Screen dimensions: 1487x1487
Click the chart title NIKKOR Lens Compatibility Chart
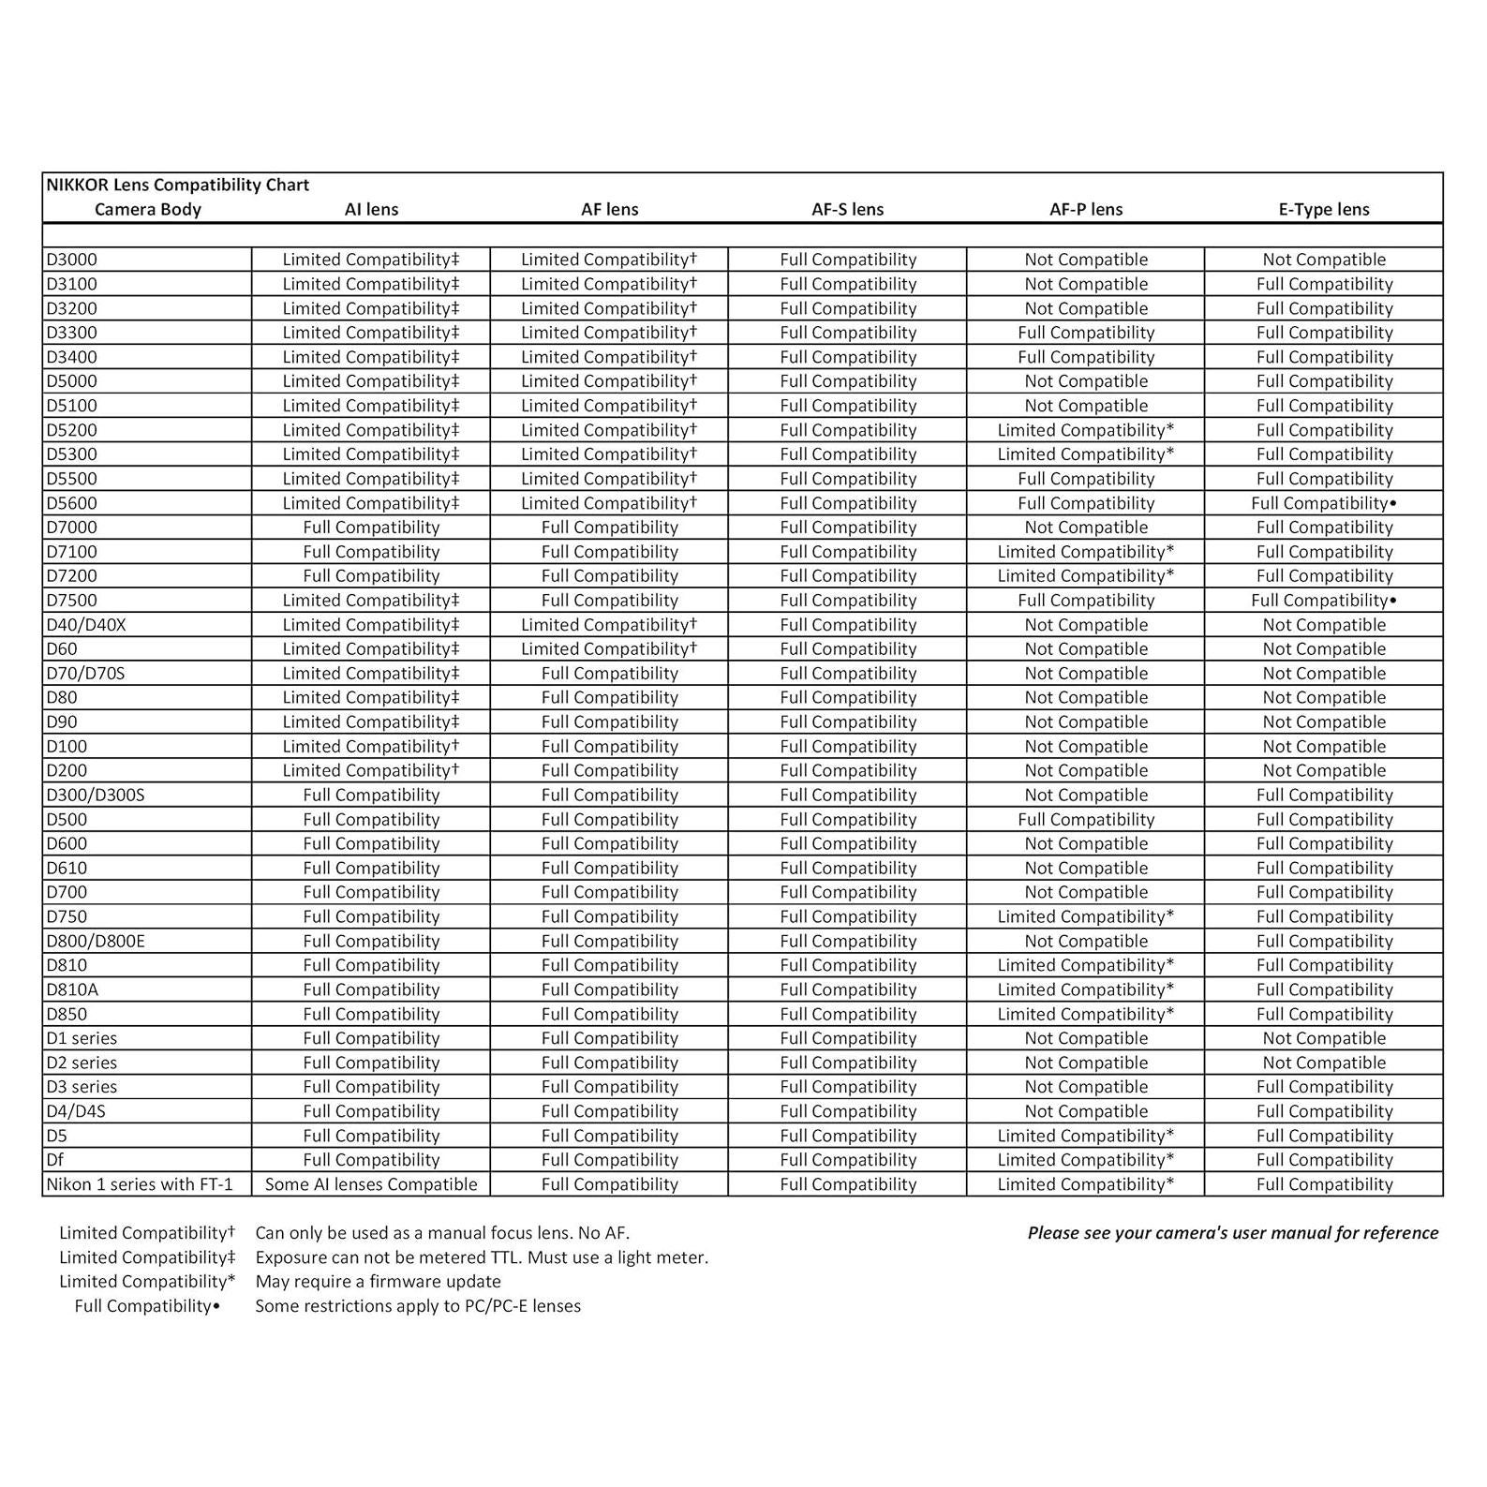(x=178, y=185)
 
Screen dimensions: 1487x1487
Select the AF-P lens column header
(x=1085, y=209)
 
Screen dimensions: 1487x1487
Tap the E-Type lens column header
(x=1323, y=209)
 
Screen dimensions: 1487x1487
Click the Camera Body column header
(x=148, y=209)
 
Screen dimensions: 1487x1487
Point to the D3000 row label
(x=72, y=260)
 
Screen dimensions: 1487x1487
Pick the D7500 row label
(x=72, y=601)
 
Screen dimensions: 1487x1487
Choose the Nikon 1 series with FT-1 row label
(x=140, y=1184)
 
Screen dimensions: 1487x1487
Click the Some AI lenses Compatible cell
(x=371, y=1184)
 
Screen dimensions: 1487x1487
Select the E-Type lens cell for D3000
(x=1323, y=260)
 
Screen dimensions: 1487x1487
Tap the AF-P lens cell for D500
(x=1085, y=819)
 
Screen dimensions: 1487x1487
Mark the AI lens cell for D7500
(x=371, y=601)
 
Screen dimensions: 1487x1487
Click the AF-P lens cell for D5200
(x=1085, y=430)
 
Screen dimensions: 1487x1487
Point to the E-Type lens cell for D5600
(x=1323, y=503)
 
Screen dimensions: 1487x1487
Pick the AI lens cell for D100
(x=371, y=747)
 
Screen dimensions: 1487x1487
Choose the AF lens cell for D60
(x=609, y=649)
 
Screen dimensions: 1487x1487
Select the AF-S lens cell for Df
(x=848, y=1160)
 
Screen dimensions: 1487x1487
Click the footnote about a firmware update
(x=378, y=1282)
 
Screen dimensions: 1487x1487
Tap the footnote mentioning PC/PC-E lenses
(x=418, y=1306)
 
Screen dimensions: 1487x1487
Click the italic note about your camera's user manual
(x=1232, y=1233)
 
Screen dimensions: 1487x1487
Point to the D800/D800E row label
(x=96, y=941)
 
